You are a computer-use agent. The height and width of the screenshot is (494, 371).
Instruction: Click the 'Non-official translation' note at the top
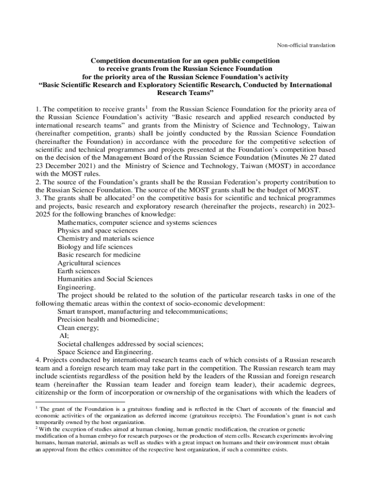pos(305,45)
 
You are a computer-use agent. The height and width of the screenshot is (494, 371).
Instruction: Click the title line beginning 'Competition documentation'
pos(185,61)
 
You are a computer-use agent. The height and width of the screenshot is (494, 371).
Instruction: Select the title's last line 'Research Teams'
pos(185,92)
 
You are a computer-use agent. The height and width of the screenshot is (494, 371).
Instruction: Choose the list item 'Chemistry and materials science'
pos(106,238)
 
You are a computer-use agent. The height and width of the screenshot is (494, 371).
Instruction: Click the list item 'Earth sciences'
pos(79,271)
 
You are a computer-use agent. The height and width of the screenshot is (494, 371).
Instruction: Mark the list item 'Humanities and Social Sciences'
pos(105,279)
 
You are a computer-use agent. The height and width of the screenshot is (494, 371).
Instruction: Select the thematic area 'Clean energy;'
pos(78,328)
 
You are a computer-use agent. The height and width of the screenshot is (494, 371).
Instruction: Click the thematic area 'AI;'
pos(64,335)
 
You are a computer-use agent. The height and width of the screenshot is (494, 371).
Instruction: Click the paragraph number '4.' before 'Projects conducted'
pos(39,360)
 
